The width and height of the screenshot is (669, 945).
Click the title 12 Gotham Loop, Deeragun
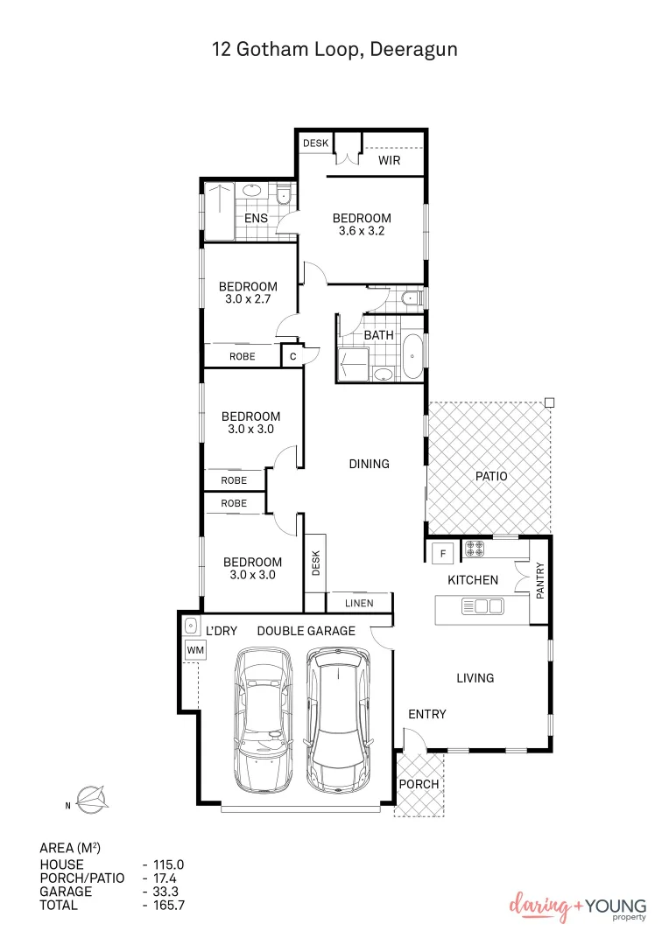[x=334, y=49]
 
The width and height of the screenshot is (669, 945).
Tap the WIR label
[x=389, y=161]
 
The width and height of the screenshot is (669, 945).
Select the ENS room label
[x=256, y=218]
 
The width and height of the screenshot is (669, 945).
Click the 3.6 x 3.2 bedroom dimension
[x=362, y=232]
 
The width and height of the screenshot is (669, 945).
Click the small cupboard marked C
[x=292, y=356]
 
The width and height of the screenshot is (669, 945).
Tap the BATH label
[x=378, y=335]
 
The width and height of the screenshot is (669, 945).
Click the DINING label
[x=369, y=464]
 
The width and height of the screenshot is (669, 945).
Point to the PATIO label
[x=491, y=476]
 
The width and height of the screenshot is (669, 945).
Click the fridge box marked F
[x=442, y=553]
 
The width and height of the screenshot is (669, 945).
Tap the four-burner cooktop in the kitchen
[x=475, y=550]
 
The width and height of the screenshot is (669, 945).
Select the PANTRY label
[x=539, y=580]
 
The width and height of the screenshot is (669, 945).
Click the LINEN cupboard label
[x=358, y=603]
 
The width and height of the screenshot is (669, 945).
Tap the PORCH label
[x=419, y=784]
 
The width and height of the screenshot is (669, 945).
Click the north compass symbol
[x=88, y=798]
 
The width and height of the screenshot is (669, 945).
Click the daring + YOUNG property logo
[x=578, y=908]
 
